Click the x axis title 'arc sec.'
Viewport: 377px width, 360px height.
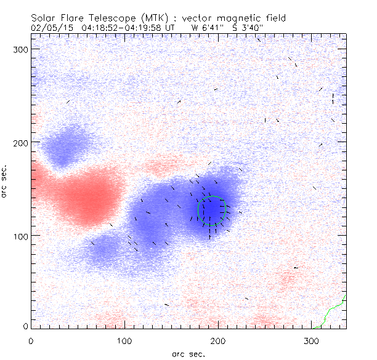[x=188, y=354]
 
